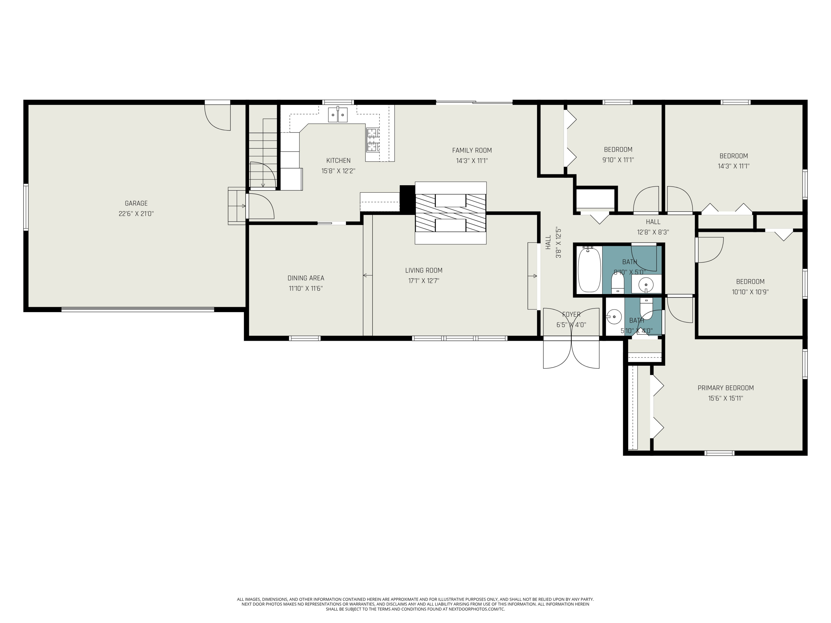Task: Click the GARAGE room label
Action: point(136,203)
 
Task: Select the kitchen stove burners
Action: point(373,140)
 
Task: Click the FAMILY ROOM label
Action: point(472,150)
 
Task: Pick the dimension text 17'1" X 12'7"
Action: point(424,280)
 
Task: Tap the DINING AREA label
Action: point(306,278)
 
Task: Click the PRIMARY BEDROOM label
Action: point(726,388)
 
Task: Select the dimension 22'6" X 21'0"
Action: point(136,214)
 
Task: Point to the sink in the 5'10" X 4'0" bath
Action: point(614,316)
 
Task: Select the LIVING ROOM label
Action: point(424,270)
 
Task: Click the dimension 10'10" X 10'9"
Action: point(750,292)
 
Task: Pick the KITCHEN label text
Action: point(338,160)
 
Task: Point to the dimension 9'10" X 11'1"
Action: point(618,159)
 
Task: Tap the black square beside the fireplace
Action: point(407,198)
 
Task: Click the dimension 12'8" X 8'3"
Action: point(653,232)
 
